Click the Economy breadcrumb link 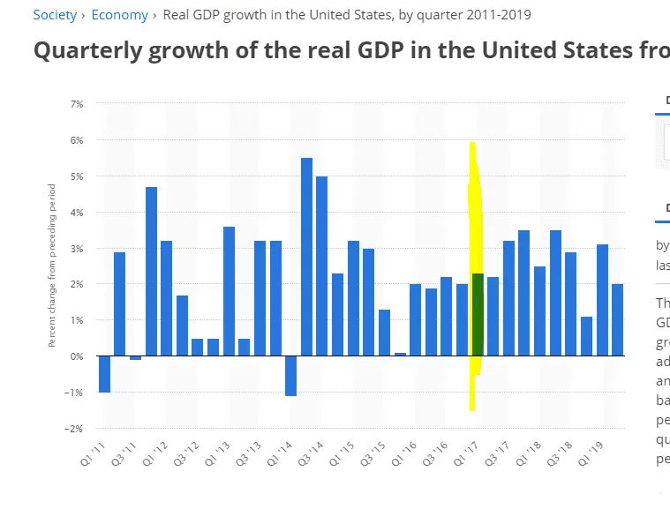click(120, 15)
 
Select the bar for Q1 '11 click(104, 374)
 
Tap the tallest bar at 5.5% click(306, 257)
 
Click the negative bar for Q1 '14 click(291, 376)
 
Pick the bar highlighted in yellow click(477, 315)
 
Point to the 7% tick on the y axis click(76, 104)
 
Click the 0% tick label click(76, 356)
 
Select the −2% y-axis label click(75, 429)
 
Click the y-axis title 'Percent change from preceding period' click(52, 265)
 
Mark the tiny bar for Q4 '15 click(400, 354)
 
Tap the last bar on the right click(617, 320)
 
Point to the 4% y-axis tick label click(76, 213)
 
